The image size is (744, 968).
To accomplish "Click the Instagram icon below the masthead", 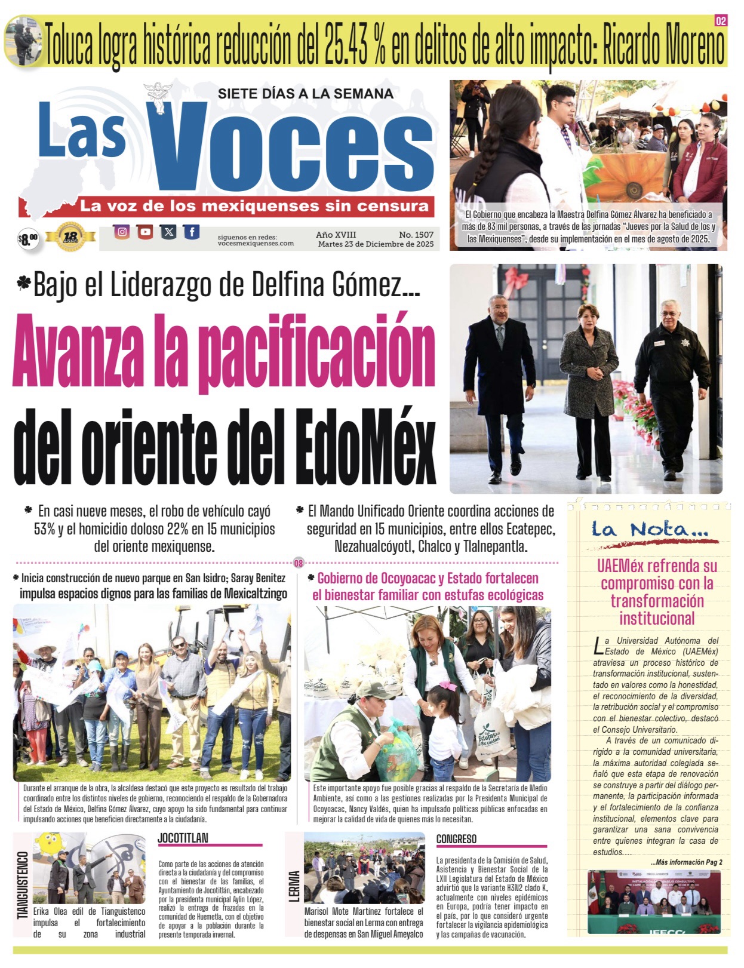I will coord(122,232).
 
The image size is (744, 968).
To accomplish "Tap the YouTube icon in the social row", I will coord(145,232).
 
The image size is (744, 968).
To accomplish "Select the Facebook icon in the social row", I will coord(192,232).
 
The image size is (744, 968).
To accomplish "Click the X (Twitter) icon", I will coord(168,232).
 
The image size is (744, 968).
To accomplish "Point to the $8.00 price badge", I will coord(28,240).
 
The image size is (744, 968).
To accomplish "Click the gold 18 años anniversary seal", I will coord(70,237).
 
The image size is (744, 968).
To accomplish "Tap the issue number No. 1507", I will coord(416,235).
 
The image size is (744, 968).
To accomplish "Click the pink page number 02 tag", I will coord(721,21).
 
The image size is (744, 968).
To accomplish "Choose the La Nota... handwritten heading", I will coord(650,529).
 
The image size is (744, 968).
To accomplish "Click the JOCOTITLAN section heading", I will coord(183,838).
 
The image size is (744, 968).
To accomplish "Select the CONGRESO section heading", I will coord(456,839).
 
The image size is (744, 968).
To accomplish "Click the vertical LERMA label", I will coord(294,886).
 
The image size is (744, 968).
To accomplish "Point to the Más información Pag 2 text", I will coord(687,862).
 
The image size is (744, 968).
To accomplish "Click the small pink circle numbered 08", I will coord(299,563).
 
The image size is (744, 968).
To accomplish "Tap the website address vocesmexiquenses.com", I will coord(256,243).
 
